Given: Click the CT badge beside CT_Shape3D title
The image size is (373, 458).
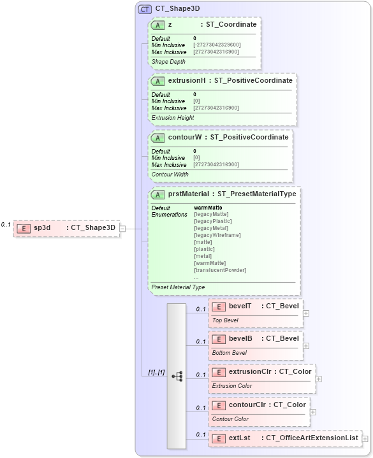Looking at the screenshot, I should (x=145, y=10).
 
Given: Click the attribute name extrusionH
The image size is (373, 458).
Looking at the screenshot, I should (x=186, y=81).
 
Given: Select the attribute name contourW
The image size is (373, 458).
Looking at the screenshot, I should (x=185, y=137).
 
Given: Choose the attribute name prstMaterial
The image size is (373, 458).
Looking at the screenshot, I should (x=191, y=193).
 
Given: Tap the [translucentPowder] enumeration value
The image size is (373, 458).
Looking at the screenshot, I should (x=220, y=270).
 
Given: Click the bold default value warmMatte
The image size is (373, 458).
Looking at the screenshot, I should (x=208, y=208).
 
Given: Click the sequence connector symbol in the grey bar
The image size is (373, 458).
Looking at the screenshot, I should (x=177, y=376).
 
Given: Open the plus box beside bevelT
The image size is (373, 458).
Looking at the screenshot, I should (x=307, y=313).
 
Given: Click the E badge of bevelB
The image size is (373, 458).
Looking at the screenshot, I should (x=218, y=339).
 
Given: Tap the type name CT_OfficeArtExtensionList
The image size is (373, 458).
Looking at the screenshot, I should (x=312, y=438).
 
